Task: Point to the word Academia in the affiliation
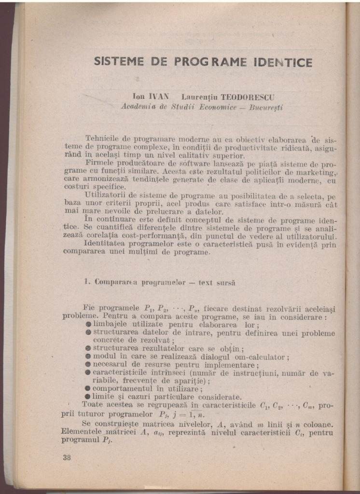(136, 107)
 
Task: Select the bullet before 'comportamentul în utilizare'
(88, 388)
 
